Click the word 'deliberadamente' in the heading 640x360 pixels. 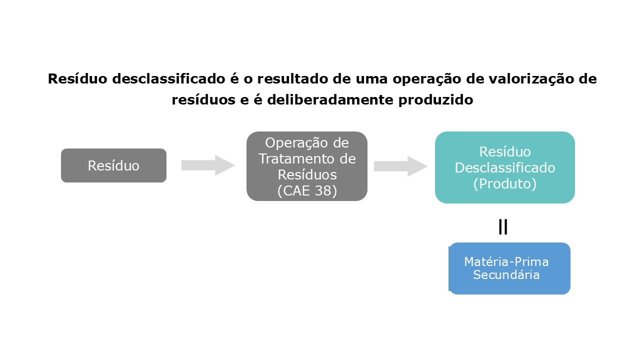(x=331, y=100)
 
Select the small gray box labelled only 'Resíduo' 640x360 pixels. (x=113, y=165)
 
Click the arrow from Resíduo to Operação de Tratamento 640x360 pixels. (x=208, y=165)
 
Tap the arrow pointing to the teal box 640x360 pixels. (x=400, y=166)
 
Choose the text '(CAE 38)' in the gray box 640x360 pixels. (x=306, y=191)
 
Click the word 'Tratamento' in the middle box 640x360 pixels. (x=306, y=159)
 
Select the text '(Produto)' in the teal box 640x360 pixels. (x=504, y=183)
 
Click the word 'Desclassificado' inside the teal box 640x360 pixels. (x=504, y=167)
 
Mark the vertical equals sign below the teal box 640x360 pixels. (x=503, y=227)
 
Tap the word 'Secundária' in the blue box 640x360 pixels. (x=506, y=275)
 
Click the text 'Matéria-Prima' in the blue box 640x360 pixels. (x=506, y=262)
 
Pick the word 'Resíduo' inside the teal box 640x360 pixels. (x=504, y=151)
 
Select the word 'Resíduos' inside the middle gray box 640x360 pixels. (x=306, y=175)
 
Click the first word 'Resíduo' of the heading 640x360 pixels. (x=76, y=79)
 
